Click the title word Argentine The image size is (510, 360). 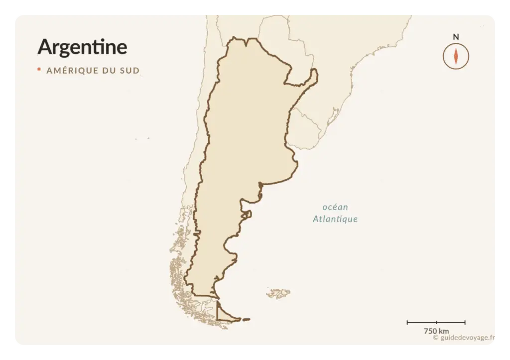[82, 47]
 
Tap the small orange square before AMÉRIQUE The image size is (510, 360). [39, 70]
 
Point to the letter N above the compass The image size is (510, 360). [456, 37]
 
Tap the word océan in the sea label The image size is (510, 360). [335, 207]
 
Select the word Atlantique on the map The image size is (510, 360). [335, 219]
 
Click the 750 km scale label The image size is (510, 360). [436, 331]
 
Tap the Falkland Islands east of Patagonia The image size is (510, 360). [279, 293]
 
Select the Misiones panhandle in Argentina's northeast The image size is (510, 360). [308, 80]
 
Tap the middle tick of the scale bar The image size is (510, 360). [436, 323]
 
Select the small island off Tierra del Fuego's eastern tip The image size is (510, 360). [246, 319]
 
